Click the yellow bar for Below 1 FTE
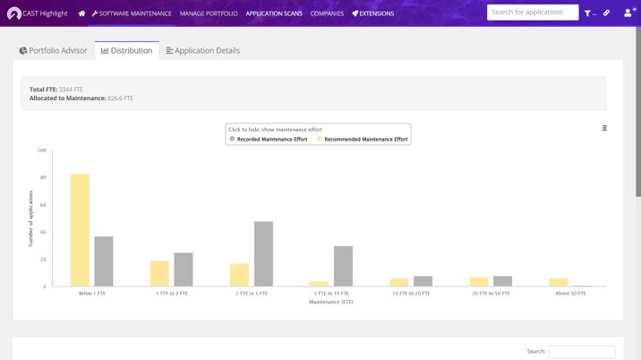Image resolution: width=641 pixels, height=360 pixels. pos(80,230)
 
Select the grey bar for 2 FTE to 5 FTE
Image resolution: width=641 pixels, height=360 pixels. pos(263,254)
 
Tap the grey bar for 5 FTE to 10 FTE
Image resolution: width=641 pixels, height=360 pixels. pos(343,266)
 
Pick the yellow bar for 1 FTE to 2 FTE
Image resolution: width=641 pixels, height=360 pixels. pos(159,274)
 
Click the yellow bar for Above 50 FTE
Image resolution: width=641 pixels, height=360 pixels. pos(559,283)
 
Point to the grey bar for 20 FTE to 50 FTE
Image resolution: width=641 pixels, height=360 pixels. pos(502,281)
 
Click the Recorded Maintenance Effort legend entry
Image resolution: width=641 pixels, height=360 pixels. pos(269,139)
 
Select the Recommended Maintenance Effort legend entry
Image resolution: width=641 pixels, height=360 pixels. pos(363,139)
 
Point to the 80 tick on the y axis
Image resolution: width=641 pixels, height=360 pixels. pos(42,177)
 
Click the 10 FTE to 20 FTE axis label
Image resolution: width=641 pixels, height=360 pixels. pos(411,294)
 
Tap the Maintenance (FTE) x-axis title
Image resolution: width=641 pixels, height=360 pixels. pos(331,302)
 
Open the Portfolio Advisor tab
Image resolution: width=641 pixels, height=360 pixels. pos(54,51)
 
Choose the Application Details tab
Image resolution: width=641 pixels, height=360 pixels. pos(203,51)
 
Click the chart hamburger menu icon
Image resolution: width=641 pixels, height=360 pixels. pos(604,128)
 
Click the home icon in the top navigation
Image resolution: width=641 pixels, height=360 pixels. pos(81,13)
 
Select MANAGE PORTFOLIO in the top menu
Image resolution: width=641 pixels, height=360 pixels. pos(209,13)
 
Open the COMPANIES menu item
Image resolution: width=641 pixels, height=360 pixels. pos(327,13)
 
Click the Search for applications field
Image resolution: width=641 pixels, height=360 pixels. pos(532,13)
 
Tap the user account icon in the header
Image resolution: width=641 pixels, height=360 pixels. pos(628,13)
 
